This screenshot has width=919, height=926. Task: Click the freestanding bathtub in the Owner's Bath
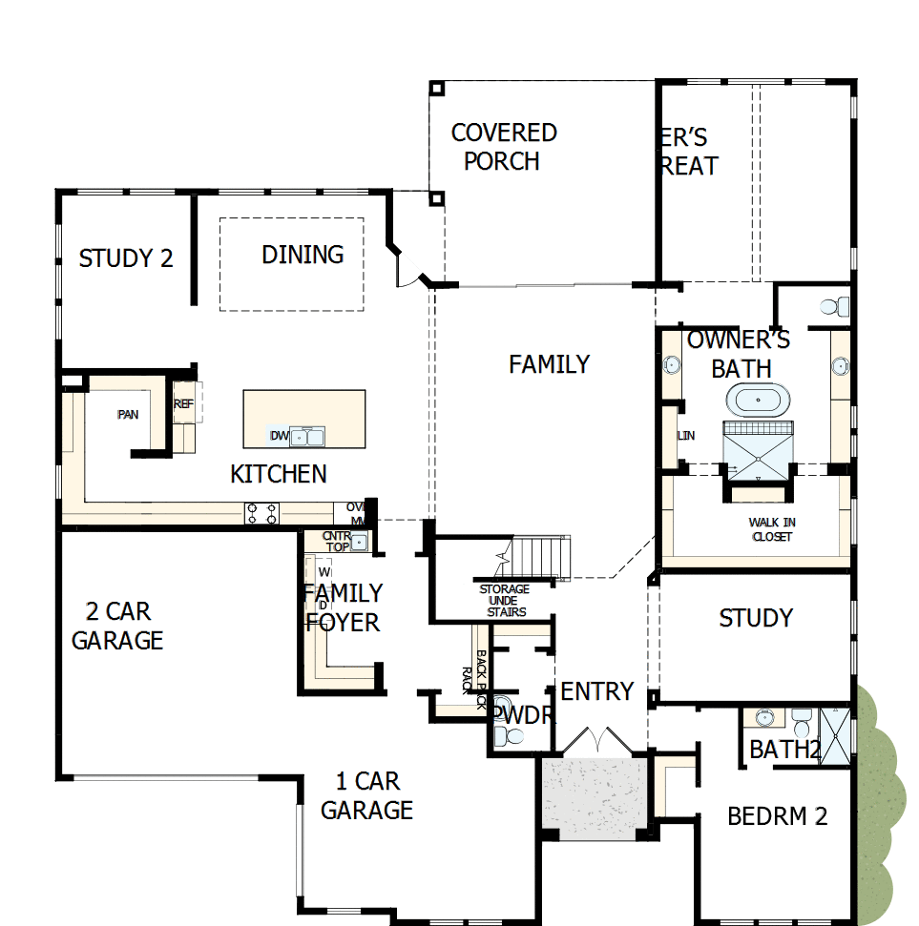tap(760, 400)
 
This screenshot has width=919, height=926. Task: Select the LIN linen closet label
tap(685, 436)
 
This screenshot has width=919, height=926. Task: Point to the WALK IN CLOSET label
tap(772, 529)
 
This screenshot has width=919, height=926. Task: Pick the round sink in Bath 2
tap(764, 717)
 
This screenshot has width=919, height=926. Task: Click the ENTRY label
tap(596, 691)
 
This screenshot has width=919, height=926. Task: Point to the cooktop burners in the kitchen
tap(261, 513)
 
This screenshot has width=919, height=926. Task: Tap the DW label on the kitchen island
tap(279, 437)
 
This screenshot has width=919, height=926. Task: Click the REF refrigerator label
tap(183, 404)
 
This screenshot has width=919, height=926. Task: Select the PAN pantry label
tap(127, 414)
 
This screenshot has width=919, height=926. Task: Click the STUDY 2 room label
tap(126, 258)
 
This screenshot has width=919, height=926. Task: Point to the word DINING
tap(303, 255)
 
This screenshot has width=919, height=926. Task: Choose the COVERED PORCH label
tap(503, 147)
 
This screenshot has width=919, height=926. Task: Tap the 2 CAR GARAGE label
tap(117, 626)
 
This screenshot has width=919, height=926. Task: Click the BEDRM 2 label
tap(777, 816)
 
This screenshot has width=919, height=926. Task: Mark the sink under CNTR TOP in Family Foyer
tap(359, 542)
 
